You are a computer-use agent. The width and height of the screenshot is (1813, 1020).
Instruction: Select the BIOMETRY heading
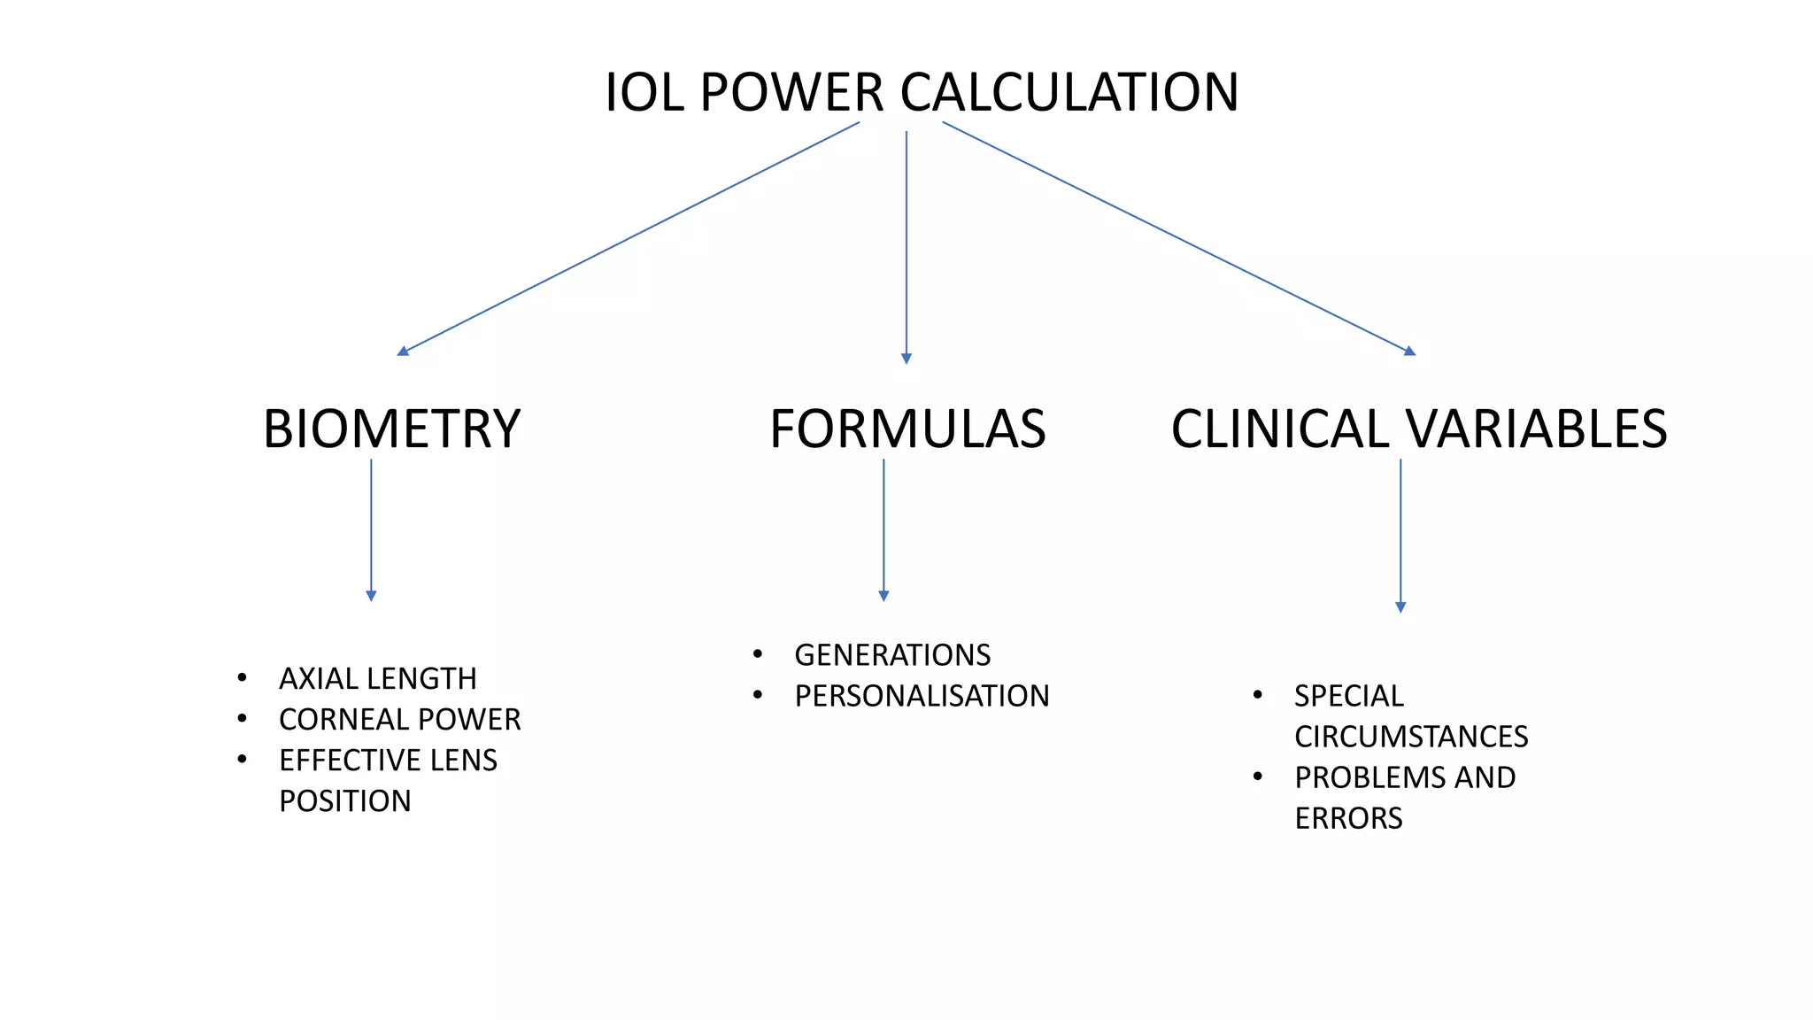point(392,429)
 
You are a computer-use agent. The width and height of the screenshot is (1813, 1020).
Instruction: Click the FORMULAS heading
point(907,429)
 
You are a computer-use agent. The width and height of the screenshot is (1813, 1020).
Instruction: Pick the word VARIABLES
point(1536,429)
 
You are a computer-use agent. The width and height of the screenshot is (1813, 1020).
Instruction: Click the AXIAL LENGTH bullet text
point(378,679)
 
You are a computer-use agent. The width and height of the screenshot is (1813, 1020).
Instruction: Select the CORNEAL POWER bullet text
point(400,720)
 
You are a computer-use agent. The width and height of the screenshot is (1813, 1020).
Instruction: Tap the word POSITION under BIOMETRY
point(345,801)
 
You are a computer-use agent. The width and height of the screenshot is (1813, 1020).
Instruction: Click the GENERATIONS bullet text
point(892,655)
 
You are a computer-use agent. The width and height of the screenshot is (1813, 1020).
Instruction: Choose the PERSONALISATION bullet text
point(922,696)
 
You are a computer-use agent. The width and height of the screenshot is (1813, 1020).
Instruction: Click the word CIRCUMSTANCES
point(1411,737)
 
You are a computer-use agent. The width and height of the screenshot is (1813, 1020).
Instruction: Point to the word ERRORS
point(1348,818)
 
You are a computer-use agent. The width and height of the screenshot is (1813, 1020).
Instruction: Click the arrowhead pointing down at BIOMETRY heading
point(404,352)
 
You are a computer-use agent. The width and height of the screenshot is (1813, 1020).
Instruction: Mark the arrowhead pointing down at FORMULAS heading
point(906,359)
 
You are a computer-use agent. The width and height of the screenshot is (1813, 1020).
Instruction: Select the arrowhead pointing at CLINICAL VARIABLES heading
point(1409,352)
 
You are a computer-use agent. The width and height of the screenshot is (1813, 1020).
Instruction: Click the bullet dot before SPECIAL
point(1258,695)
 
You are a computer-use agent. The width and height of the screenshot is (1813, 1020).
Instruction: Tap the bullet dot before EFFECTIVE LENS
point(243,759)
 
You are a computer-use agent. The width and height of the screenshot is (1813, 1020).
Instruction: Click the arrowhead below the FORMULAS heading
point(883,596)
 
